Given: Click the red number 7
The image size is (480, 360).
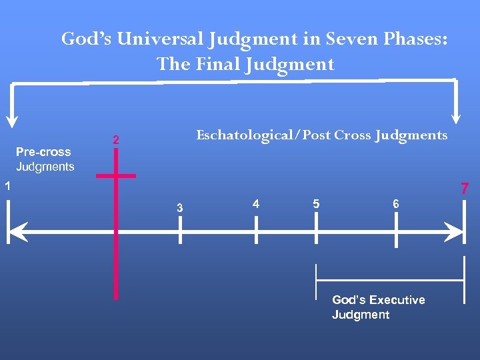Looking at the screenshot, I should (x=465, y=189).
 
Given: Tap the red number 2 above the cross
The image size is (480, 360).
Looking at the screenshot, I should (x=116, y=141).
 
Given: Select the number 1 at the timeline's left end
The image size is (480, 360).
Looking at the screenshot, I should (x=6, y=187).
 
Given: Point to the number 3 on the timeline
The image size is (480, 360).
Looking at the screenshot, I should (x=179, y=209).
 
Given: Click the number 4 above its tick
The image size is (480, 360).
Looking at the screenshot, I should (x=256, y=203).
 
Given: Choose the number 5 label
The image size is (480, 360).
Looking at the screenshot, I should (x=316, y=203).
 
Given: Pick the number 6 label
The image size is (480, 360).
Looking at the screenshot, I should (x=396, y=204).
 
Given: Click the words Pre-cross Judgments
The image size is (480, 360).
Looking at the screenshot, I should (x=45, y=159).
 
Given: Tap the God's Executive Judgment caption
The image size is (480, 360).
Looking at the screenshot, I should (x=378, y=307).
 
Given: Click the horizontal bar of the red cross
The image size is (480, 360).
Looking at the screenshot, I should (x=116, y=176).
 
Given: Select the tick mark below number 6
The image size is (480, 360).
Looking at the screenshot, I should (x=397, y=233).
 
